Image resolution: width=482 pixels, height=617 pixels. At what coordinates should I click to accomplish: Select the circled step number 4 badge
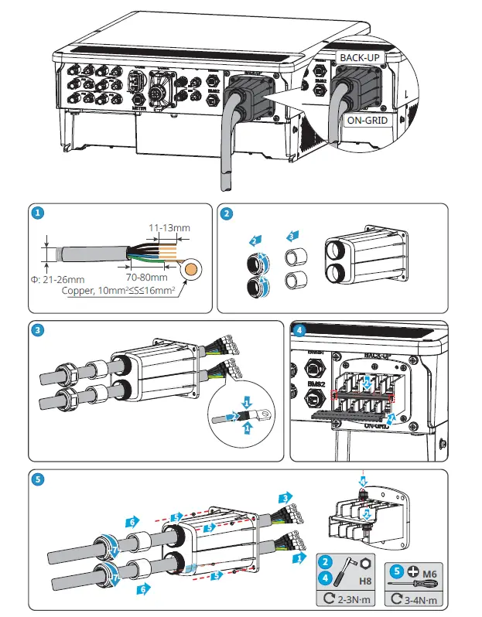pos(300,331)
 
